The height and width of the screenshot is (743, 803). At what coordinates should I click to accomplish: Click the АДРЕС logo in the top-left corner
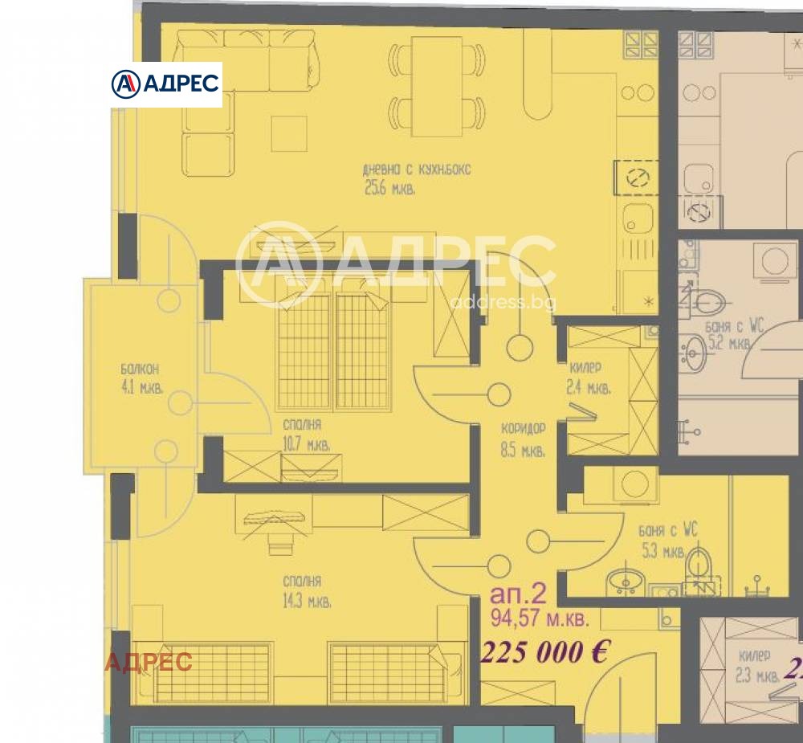[165, 84]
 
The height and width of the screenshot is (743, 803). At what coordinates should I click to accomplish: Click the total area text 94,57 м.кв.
[539, 619]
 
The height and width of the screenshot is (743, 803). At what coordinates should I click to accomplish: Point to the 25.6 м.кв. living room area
[389, 190]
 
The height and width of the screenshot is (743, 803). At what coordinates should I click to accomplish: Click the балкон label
[140, 369]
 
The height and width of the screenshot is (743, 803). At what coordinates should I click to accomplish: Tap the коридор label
[522, 428]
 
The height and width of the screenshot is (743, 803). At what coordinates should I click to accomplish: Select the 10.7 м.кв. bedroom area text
[305, 443]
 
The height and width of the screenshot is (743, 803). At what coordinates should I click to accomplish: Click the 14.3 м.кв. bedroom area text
[306, 600]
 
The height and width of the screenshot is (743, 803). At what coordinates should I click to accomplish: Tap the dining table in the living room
[437, 86]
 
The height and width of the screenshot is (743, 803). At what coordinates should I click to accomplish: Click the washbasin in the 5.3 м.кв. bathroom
[622, 578]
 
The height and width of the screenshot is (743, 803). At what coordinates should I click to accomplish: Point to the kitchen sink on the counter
[638, 218]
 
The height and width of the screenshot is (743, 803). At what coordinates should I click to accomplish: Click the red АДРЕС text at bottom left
[149, 662]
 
